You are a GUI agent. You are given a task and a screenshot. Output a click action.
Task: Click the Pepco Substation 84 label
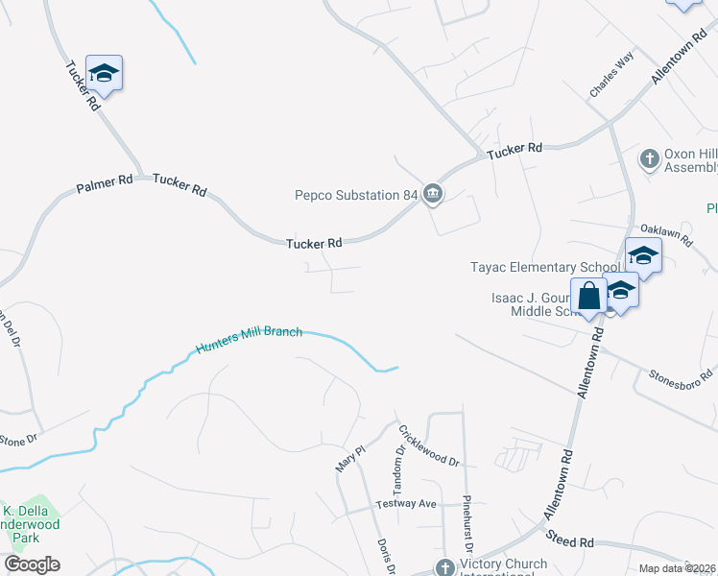click(x=356, y=195)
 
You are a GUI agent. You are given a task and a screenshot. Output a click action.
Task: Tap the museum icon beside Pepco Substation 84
click(x=432, y=195)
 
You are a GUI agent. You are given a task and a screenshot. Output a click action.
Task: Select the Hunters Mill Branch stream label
click(x=250, y=340)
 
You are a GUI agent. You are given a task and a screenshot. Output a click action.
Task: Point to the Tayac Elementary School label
click(x=545, y=267)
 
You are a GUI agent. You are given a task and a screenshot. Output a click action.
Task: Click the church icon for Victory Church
click(x=443, y=567)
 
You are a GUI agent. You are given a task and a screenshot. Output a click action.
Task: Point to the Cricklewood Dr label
click(x=429, y=445)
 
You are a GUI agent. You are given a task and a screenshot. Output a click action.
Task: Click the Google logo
click(x=33, y=564)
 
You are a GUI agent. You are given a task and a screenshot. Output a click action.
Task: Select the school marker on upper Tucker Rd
click(x=105, y=73)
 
